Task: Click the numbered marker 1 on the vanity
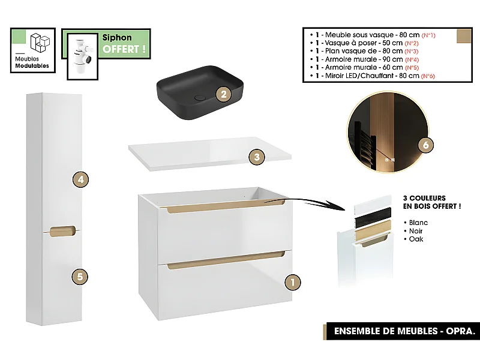point(292,281)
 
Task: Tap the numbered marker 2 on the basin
point(223,94)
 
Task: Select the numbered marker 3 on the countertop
point(256,157)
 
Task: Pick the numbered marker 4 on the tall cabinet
point(80,179)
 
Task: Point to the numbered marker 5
point(80,277)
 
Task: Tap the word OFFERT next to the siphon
point(124,49)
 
